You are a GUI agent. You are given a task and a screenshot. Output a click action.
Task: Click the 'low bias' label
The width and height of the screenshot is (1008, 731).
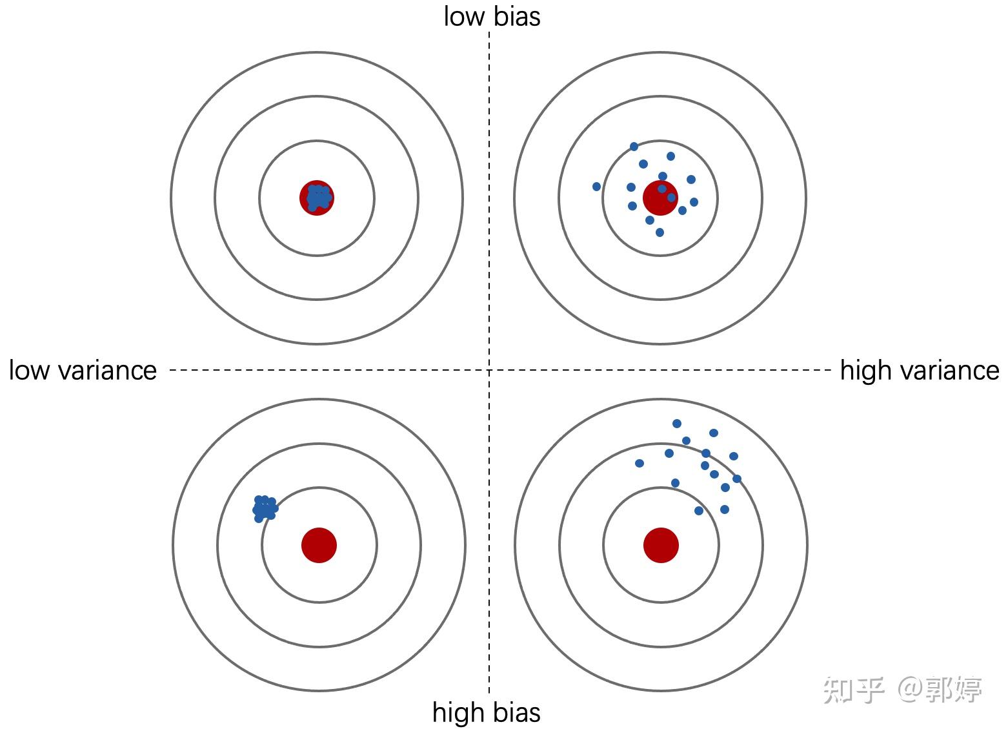point(492,16)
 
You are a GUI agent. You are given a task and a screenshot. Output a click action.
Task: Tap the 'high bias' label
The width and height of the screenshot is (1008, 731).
point(486,712)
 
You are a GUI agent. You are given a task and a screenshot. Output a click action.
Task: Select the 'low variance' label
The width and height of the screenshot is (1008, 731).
point(83,371)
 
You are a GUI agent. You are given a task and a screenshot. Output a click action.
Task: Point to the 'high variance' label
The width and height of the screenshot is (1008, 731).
point(919,371)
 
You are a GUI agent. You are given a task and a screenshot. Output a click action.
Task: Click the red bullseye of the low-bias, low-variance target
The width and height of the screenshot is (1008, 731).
point(317,198)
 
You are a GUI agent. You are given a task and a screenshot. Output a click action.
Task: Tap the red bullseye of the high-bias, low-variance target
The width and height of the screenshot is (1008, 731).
point(319,545)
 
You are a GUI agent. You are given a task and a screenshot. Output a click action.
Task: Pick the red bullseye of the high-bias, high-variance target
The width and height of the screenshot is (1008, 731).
point(661,545)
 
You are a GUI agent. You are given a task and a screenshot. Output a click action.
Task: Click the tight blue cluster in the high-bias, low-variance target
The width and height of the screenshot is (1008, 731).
point(265,508)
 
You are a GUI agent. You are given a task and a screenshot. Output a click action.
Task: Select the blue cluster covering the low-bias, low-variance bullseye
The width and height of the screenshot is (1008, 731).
point(318,197)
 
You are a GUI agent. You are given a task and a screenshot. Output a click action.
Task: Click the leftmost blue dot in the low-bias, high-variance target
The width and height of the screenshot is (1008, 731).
point(596,187)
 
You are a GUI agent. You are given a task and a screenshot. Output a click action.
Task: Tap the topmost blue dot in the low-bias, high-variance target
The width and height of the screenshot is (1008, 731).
point(634,147)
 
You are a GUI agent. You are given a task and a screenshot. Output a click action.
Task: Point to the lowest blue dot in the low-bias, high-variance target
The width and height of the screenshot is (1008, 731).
point(660,232)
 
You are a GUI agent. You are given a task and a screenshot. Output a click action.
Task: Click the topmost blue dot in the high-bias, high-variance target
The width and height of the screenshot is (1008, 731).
point(676,424)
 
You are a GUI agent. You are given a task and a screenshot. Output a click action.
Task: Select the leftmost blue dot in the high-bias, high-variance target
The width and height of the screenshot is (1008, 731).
point(640,463)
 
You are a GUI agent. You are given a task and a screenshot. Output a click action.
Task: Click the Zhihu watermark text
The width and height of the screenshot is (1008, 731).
point(902,690)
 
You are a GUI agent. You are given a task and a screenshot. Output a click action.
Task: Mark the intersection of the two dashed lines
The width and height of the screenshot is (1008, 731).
point(489,371)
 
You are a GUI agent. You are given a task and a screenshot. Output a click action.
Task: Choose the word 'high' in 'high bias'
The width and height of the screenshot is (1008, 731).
point(459,712)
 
